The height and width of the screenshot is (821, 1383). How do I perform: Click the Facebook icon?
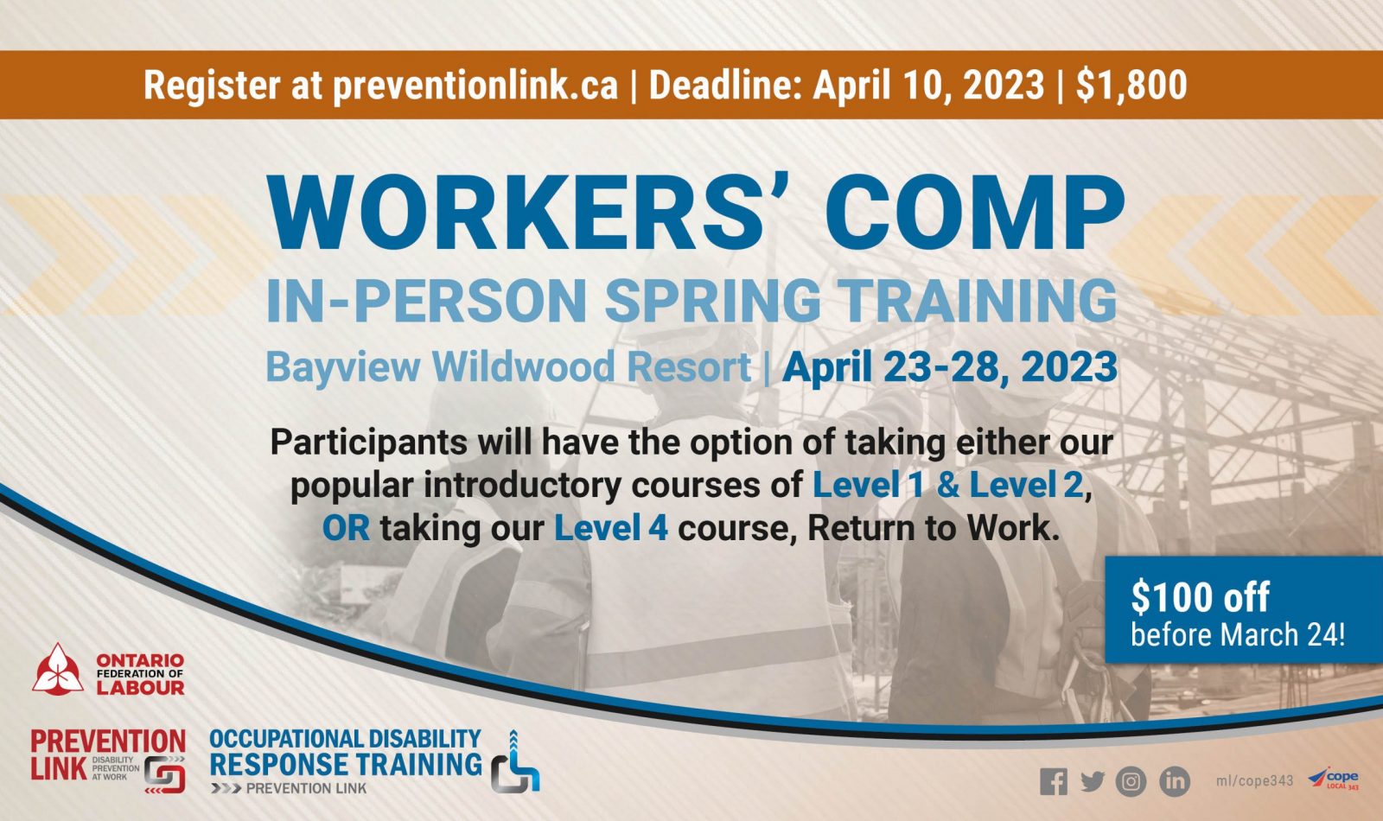(x=1054, y=781)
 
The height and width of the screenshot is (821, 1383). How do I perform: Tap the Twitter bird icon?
(x=1093, y=781)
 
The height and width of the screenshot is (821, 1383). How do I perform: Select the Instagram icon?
(x=1131, y=781)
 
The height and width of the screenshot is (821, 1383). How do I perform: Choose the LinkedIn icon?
(x=1175, y=781)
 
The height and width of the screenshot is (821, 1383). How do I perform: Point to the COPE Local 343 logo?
(x=1333, y=779)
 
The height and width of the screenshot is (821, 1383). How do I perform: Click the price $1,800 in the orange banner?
(x=1131, y=85)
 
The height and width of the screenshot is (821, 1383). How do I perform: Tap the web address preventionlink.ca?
(x=475, y=86)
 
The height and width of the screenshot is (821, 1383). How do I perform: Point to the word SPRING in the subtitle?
(x=712, y=301)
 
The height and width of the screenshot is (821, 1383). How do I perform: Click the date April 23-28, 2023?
(x=950, y=366)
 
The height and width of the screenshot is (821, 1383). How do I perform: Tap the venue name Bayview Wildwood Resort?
(x=508, y=366)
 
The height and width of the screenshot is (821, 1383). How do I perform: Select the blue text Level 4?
(x=610, y=528)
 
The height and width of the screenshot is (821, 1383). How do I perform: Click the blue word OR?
(x=347, y=528)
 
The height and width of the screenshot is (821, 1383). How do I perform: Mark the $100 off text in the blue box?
(x=1201, y=597)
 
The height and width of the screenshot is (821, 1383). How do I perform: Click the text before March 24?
(x=1237, y=635)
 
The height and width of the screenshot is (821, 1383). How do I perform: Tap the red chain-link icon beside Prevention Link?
(x=165, y=774)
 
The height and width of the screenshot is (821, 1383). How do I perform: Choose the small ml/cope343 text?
(x=1254, y=781)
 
